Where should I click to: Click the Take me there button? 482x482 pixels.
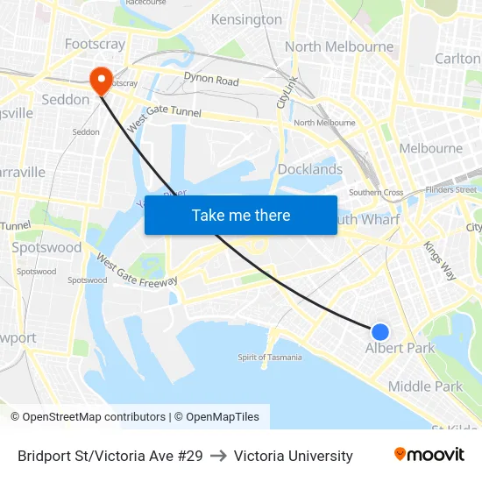tap(241, 215)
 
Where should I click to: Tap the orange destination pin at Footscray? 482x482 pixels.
tap(102, 81)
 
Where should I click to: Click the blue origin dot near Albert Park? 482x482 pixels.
tap(380, 331)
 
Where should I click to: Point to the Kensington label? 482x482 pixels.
tap(247, 19)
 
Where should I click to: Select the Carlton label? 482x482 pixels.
tap(457, 58)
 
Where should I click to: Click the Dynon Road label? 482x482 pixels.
tap(211, 81)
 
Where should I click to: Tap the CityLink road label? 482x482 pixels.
tap(287, 91)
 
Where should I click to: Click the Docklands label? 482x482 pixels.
tap(309, 169)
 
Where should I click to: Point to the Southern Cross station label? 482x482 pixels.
tap(376, 193)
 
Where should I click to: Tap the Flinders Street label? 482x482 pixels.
tap(451, 189)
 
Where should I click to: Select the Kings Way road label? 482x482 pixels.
tap(440, 260)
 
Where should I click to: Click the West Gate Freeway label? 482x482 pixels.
tap(137, 272)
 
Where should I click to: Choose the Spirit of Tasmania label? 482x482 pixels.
tap(270, 357)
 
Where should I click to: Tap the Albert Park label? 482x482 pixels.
tap(400, 348)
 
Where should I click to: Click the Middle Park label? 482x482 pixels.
tap(425, 386)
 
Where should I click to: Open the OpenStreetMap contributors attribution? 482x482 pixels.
tap(88, 417)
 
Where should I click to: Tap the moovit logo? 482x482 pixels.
tap(429, 455)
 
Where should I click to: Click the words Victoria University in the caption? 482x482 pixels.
tap(294, 456)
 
